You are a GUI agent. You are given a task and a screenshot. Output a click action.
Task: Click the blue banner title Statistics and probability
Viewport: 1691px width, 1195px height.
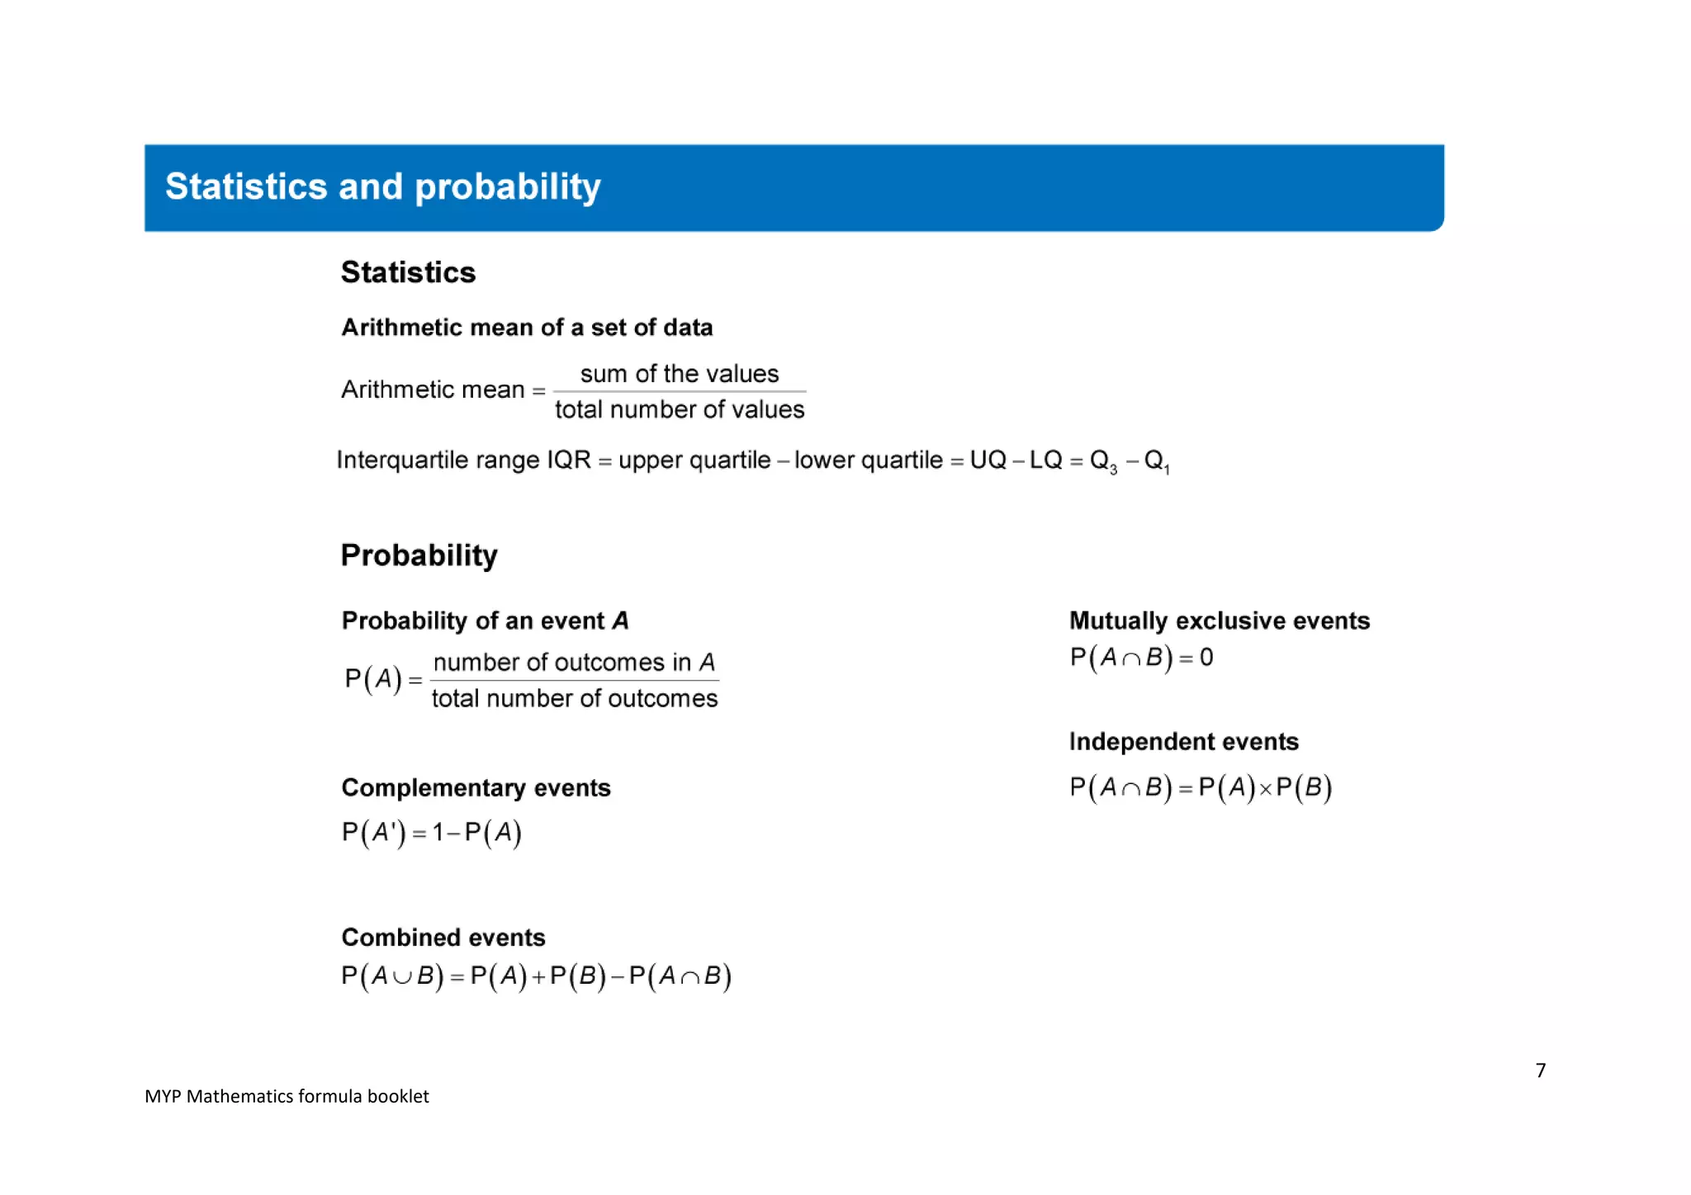point(382,187)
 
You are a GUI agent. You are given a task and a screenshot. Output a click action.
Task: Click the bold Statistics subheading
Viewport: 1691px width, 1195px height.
point(408,272)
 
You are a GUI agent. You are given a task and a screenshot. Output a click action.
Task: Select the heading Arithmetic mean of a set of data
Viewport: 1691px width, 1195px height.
point(527,328)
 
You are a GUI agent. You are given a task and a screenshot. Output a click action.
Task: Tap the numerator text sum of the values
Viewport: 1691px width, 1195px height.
point(679,374)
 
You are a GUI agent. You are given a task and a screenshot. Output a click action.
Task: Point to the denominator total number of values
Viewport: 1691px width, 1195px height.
point(679,409)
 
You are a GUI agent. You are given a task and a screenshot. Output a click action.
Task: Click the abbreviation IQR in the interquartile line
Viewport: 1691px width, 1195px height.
point(568,460)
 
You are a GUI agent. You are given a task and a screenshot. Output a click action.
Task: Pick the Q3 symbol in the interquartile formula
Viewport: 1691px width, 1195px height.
point(1103,461)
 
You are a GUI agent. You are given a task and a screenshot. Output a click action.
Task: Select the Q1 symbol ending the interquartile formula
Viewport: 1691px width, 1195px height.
point(1156,461)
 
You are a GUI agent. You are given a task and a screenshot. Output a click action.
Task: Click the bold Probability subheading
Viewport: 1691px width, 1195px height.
point(419,555)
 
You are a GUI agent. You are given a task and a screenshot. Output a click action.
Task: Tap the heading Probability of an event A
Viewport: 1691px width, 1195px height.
point(485,621)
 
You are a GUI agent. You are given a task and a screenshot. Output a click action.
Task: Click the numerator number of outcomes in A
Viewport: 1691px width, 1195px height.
point(574,662)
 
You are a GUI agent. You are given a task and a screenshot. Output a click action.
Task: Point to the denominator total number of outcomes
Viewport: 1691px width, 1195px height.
point(574,698)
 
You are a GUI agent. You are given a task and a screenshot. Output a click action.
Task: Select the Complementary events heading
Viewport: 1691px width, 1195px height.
point(476,788)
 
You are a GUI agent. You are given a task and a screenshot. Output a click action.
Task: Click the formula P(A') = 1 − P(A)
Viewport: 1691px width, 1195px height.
point(431,832)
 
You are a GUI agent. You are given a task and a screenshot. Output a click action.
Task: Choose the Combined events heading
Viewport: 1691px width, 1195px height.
point(443,938)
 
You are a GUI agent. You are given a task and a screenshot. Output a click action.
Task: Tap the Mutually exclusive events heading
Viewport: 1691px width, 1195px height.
point(1219,621)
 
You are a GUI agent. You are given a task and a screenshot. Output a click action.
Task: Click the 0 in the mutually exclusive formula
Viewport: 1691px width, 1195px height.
point(1206,658)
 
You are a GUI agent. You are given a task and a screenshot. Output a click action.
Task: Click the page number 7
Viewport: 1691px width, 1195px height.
point(1540,1070)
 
